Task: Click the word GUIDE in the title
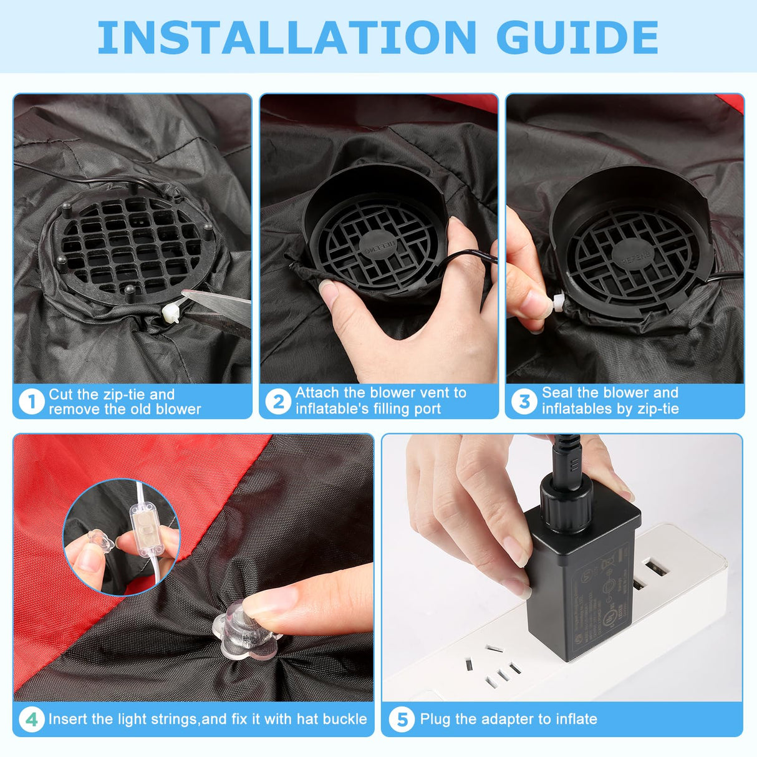tap(577, 37)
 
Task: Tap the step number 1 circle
tap(31, 402)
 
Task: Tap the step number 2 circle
tap(278, 402)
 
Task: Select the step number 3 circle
tap(524, 402)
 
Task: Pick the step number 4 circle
tap(31, 720)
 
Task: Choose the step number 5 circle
tap(402, 720)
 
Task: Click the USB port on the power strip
tap(654, 569)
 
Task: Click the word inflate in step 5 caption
tap(576, 719)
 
